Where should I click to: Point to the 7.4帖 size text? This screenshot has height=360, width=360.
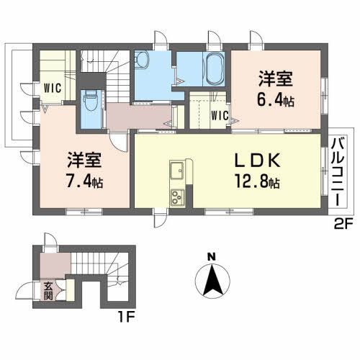pos(85,180)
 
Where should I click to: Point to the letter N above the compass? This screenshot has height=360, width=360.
pos(211,256)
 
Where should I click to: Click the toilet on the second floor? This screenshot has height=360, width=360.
pos(91,102)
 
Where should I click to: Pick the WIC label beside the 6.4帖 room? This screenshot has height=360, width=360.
pos(220,115)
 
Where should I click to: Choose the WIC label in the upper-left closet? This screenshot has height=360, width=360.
pos(51,89)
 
